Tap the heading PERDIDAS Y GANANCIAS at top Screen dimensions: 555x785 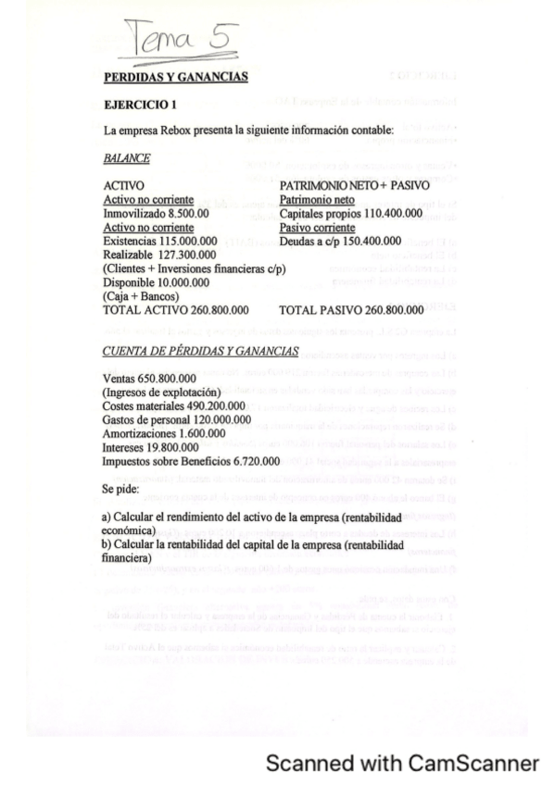(175, 77)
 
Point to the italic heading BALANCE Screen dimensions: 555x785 (126, 158)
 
